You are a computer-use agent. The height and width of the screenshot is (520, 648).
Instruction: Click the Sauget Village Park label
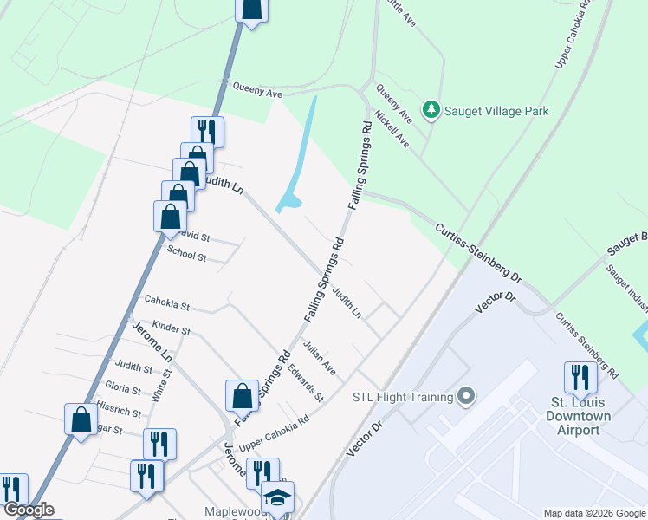(496, 111)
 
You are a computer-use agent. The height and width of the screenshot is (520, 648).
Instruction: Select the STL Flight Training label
(403, 397)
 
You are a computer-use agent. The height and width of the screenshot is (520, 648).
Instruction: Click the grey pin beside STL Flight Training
(466, 397)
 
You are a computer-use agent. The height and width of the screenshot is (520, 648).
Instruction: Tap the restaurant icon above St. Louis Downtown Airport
(580, 377)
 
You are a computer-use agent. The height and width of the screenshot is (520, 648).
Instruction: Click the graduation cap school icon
(278, 497)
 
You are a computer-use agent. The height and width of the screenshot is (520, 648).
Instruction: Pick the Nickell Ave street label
(391, 128)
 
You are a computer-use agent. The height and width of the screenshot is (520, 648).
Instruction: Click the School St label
(187, 257)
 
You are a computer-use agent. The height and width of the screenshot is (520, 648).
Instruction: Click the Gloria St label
(122, 387)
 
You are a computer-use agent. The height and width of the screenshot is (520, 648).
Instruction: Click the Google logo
(28, 510)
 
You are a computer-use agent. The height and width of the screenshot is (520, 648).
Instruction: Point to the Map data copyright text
(594, 513)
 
